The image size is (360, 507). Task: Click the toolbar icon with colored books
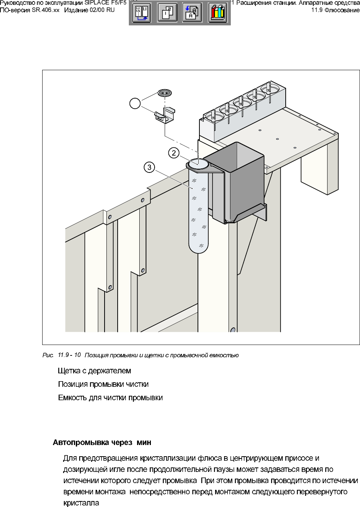pyautogui.click(x=217, y=13)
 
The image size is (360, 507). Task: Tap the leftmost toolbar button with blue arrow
pyautogui.click(x=142, y=13)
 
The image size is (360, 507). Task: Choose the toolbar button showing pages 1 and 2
pyautogui.click(x=167, y=13)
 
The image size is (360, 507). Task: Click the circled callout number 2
pyautogui.click(x=174, y=153)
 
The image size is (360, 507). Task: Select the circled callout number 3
pyautogui.click(x=149, y=167)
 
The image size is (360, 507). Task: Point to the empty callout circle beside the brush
pyautogui.click(x=135, y=103)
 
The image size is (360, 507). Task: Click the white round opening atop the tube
pyautogui.click(x=198, y=163)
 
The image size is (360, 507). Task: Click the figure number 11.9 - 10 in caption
pyautogui.click(x=69, y=355)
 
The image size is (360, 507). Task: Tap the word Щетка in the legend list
pyautogui.click(x=69, y=371)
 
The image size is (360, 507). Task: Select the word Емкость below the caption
pyautogui.click(x=72, y=398)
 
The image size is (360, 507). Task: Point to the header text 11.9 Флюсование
pyautogui.click(x=335, y=10)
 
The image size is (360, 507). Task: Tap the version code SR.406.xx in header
pyautogui.click(x=45, y=10)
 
